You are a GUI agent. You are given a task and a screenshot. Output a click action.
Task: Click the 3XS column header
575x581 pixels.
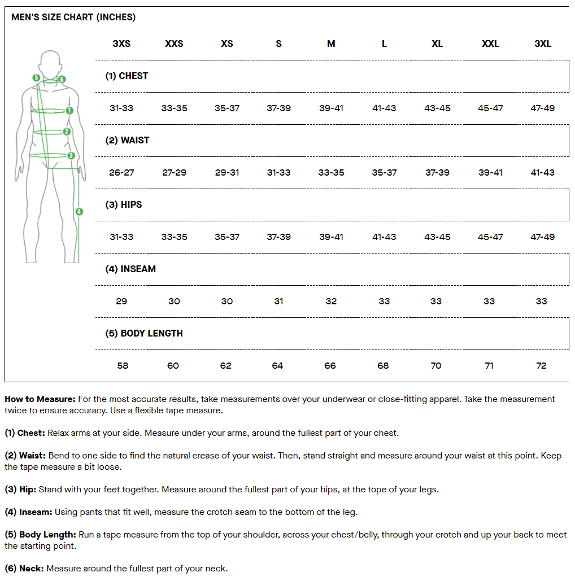point(121,43)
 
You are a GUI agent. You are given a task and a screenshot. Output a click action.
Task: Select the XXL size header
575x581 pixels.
point(490,43)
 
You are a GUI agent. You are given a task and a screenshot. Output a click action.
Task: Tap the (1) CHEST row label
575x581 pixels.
point(127,76)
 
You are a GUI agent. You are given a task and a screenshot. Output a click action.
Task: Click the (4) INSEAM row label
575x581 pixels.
point(130,269)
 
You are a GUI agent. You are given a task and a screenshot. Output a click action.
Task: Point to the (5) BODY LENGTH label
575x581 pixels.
point(144,333)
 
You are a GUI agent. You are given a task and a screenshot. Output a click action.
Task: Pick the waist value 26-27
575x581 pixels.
point(121,172)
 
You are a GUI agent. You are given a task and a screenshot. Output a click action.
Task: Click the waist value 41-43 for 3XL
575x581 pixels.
point(542,172)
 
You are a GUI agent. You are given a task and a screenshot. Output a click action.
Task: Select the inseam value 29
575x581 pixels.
point(121,301)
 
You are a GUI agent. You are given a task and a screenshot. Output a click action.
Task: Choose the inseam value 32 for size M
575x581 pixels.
point(331,301)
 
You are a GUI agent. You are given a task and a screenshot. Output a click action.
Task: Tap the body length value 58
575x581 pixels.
point(123,365)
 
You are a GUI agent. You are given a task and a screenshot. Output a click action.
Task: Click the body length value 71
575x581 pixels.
point(489,365)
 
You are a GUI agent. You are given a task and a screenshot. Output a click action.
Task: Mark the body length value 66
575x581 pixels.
point(330,365)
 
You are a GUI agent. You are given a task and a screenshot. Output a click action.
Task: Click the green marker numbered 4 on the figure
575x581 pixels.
point(79,212)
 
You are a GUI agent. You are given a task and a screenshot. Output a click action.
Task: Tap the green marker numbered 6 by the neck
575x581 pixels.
point(62,80)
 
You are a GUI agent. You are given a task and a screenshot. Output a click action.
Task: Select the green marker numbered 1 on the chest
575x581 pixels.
point(69,111)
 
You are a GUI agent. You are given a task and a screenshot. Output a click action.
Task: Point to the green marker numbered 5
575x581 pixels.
point(36,77)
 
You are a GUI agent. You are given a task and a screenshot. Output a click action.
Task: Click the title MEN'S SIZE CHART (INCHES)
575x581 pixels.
point(73,17)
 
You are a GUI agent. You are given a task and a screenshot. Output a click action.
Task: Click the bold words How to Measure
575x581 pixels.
point(40,399)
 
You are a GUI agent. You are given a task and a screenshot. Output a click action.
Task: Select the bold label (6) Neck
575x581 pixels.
point(24,569)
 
